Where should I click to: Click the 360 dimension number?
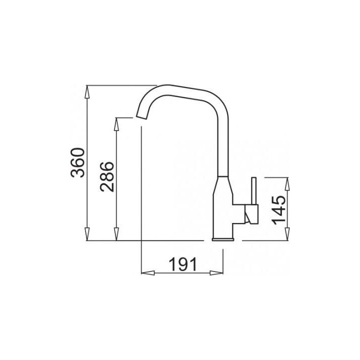click(77, 163)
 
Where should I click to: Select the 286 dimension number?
click(107, 177)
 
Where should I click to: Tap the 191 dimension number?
click(183, 264)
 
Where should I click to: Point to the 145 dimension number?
click(278, 210)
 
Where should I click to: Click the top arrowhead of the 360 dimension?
click(87, 92)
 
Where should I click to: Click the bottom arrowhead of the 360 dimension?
click(87, 234)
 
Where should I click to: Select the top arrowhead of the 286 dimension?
click(116, 124)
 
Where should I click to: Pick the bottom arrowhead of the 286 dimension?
click(116, 234)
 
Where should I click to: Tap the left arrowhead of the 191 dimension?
click(147, 273)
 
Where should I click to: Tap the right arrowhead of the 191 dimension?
click(216, 273)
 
